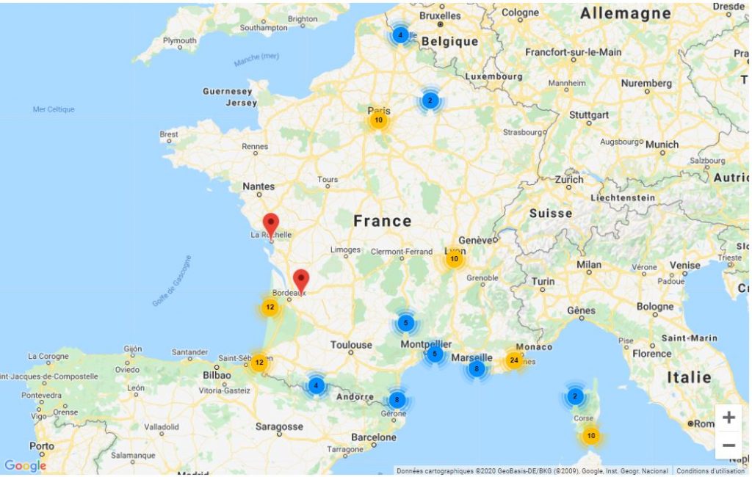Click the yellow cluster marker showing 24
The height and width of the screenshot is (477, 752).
(513, 360)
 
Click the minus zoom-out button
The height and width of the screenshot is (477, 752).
(728, 445)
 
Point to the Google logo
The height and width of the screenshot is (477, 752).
(25, 466)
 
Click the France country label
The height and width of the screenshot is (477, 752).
(382, 221)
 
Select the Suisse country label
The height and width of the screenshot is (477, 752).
(550, 214)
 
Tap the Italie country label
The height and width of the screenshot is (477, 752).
(689, 377)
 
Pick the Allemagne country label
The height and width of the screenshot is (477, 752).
(625, 13)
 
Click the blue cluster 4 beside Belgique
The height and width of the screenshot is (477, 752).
(399, 34)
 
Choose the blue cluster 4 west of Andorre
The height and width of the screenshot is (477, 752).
(316, 385)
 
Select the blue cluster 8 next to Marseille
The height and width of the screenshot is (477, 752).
(477, 368)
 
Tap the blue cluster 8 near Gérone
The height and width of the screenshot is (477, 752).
(397, 400)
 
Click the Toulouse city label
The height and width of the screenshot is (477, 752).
(351, 345)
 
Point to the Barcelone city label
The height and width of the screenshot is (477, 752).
(373, 437)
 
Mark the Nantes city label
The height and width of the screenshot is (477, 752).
(258, 187)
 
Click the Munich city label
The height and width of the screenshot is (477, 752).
(662, 145)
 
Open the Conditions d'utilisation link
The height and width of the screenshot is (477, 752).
(710, 471)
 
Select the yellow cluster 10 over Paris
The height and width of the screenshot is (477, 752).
(378, 120)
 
